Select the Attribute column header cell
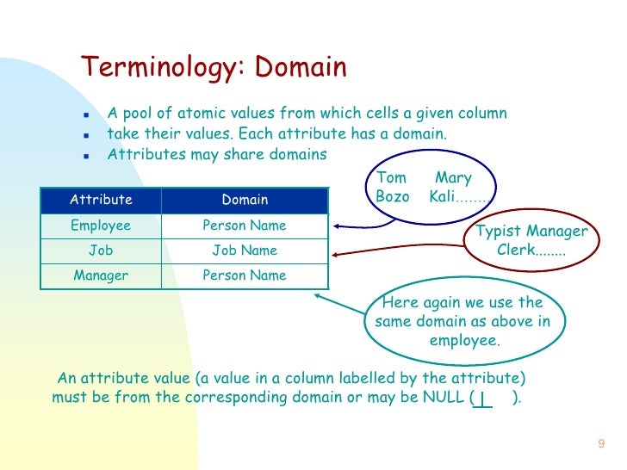point(101,200)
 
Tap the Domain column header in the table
point(245,200)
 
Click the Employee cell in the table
point(101,226)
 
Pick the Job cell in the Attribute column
point(101,250)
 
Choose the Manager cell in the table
point(101,276)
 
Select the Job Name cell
point(245,250)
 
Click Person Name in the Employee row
point(245,226)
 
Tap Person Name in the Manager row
point(245,276)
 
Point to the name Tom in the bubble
point(392,178)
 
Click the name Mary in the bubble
point(453,178)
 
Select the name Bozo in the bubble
point(394,196)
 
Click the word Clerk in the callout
point(515,250)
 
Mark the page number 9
point(600,444)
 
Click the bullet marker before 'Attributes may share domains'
point(86,156)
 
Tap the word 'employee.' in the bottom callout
point(463,341)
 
